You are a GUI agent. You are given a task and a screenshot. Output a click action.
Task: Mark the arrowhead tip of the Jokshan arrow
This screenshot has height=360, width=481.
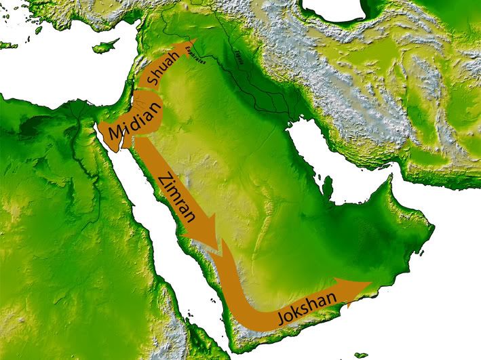click(x=370, y=283)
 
